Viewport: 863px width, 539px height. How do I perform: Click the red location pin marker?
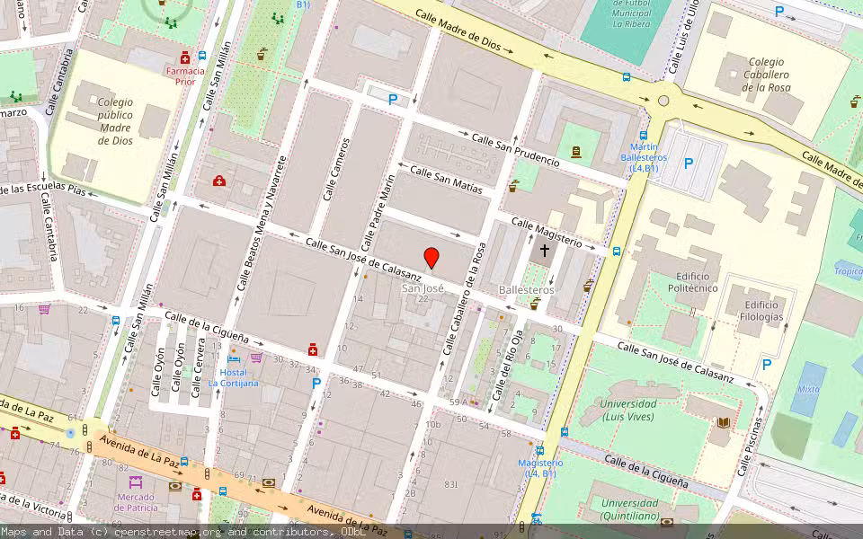[431, 259]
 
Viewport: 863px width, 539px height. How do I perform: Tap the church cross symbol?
[545, 252]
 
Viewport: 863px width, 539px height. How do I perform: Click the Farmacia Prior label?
[184, 75]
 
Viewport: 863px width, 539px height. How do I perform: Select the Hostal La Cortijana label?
[233, 377]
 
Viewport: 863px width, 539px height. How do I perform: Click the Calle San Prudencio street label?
[516, 150]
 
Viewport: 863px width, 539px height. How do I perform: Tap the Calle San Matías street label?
[446, 180]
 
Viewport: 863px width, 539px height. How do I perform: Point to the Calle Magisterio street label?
[547, 233]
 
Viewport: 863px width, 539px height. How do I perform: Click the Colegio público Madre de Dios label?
[115, 121]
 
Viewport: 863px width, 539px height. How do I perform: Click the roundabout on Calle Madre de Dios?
[663, 101]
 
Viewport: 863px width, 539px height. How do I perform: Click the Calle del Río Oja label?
[505, 363]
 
